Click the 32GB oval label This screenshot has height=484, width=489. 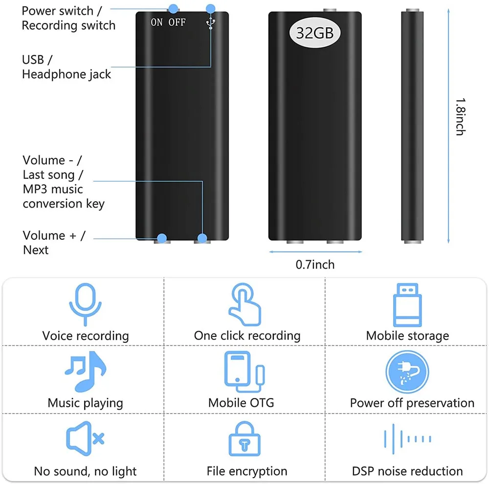click(315, 33)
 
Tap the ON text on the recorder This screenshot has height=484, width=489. click(157, 22)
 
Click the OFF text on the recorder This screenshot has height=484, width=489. click(177, 22)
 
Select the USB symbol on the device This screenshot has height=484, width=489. click(211, 22)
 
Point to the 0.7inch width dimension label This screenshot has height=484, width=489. click(315, 265)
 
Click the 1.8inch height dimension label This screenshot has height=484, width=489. click(460, 117)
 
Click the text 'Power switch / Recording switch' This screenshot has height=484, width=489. click(68, 18)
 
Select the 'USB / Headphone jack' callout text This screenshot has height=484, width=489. click(66, 67)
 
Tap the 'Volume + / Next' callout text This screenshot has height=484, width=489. click(54, 243)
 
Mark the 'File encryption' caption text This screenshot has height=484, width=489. click(247, 471)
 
